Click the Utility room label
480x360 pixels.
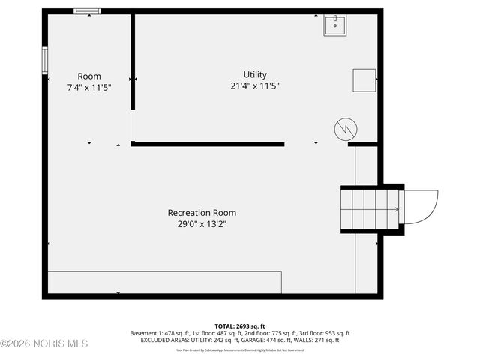point(255,75)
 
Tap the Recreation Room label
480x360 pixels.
point(202,213)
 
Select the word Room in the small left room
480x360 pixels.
point(89,76)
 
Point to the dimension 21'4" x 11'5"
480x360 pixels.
point(255,86)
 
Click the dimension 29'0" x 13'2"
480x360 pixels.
point(202,224)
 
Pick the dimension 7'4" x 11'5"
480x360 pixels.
point(89,87)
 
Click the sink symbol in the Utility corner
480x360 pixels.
point(334,26)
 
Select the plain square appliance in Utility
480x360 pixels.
point(364,79)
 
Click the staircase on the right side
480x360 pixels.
point(369,209)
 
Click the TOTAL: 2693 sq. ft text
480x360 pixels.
point(239,326)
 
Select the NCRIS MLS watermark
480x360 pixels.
point(44,343)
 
